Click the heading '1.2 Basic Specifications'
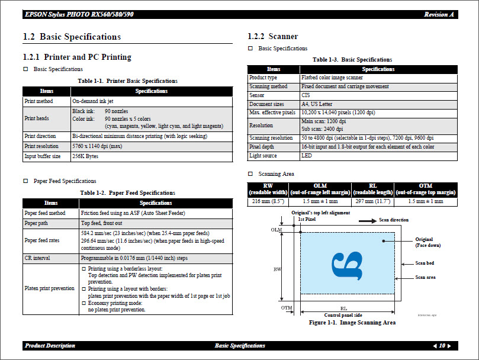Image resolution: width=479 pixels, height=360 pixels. (x=72, y=37)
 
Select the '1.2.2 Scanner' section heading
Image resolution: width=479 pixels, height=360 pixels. (x=272, y=37)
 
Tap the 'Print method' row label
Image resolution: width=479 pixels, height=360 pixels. (x=38, y=101)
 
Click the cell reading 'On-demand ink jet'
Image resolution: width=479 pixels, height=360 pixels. (x=93, y=101)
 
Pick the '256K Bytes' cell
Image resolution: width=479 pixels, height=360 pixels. (x=85, y=156)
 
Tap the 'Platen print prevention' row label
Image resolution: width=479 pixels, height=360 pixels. (x=50, y=288)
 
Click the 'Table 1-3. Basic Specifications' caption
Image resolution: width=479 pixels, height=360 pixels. (x=352, y=60)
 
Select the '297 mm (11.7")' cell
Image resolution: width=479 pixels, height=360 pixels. (x=372, y=201)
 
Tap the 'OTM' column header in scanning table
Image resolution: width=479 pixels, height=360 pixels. (x=425, y=189)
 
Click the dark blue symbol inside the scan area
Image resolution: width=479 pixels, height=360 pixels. (x=347, y=264)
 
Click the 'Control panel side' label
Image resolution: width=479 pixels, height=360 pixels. (x=343, y=315)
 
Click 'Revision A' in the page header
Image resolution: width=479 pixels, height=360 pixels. (x=439, y=14)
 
